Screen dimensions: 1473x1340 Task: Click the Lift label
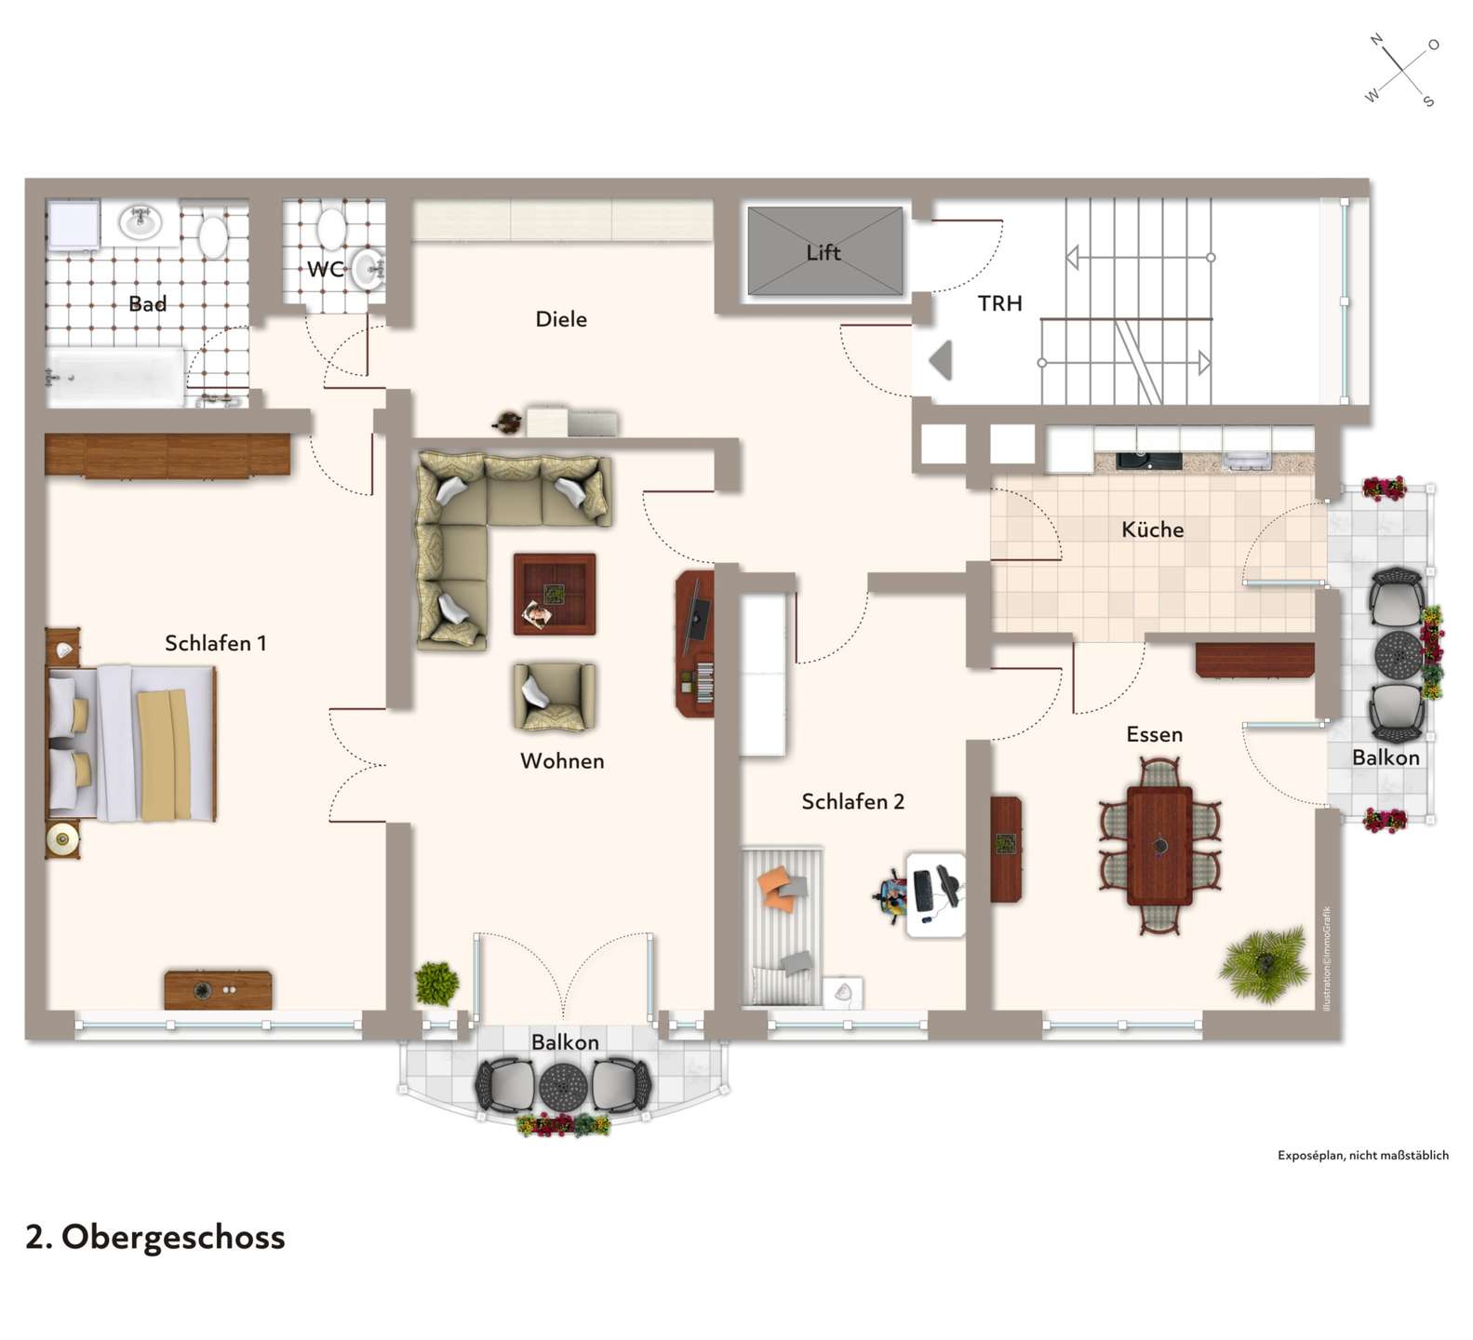[x=823, y=252]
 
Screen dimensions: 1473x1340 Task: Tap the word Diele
[x=561, y=319]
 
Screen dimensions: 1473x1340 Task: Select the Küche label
[x=1153, y=529]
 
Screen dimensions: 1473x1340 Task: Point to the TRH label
[x=999, y=303]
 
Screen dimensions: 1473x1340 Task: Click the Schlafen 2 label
[x=852, y=801]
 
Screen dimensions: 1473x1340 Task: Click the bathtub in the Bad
[x=116, y=377]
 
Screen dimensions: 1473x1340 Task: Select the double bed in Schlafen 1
[x=132, y=743]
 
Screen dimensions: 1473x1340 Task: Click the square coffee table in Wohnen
[x=555, y=594]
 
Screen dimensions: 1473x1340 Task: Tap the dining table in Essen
[x=1159, y=845]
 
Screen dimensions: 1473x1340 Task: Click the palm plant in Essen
[x=1265, y=964]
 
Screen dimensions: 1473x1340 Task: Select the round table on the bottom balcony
[x=563, y=1085]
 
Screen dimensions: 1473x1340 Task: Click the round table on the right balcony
[x=1399, y=655]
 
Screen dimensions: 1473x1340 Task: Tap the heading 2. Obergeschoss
[x=155, y=1238]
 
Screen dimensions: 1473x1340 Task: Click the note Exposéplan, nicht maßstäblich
[x=1363, y=1155]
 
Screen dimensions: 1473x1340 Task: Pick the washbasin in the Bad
[x=141, y=222]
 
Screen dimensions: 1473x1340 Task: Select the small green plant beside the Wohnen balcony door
[x=436, y=983]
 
